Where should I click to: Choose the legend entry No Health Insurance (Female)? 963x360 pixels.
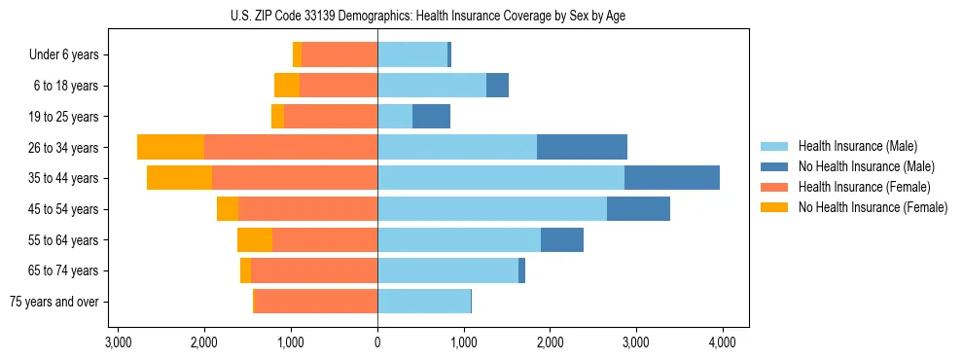pos(873,207)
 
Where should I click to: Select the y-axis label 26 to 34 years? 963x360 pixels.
pos(64,148)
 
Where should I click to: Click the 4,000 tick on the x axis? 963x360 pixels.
pos(722,342)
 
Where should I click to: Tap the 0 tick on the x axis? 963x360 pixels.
pos(377,342)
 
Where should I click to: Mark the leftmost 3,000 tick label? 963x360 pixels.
pos(118,342)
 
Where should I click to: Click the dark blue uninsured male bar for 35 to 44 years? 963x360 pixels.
pos(671,178)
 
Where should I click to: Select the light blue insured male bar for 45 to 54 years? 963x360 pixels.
pos(492,209)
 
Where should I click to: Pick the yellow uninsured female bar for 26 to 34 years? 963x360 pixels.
pos(170,147)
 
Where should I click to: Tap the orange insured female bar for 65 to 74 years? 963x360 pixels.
pos(314,270)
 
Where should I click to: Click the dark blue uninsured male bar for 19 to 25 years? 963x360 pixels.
pos(431,117)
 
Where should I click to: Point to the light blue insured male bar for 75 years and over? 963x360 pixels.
pos(424,302)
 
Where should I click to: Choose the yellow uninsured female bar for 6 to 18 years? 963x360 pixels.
pos(287,86)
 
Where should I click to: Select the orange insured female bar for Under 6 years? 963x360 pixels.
pos(339,54)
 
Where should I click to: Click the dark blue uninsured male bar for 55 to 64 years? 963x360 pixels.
pos(562,239)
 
